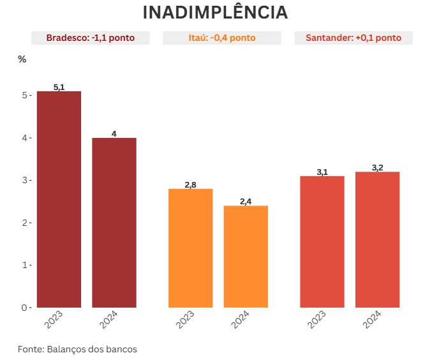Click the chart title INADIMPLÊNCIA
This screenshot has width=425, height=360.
(x=215, y=13)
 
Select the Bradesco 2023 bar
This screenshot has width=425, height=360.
(x=59, y=199)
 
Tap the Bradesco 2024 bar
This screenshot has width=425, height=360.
(x=114, y=222)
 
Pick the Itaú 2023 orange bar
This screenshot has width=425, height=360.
(x=190, y=248)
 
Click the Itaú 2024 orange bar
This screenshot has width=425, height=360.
(x=246, y=256)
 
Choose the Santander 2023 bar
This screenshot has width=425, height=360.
(x=322, y=241)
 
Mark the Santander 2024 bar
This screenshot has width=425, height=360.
(x=377, y=239)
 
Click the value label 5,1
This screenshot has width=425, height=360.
(x=59, y=87)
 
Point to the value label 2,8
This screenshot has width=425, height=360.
(x=190, y=184)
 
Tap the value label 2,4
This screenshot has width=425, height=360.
(x=246, y=202)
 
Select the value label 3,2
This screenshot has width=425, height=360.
(x=377, y=168)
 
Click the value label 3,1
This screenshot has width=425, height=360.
(x=322, y=172)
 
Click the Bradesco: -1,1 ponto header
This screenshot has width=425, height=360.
(x=90, y=38)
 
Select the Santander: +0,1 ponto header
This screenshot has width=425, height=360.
(x=353, y=38)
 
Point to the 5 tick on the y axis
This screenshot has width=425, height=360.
(x=25, y=95)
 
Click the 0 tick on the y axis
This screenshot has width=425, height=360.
(x=25, y=308)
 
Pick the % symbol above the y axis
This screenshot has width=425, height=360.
(x=22, y=59)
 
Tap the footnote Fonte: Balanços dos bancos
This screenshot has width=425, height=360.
(x=77, y=349)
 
